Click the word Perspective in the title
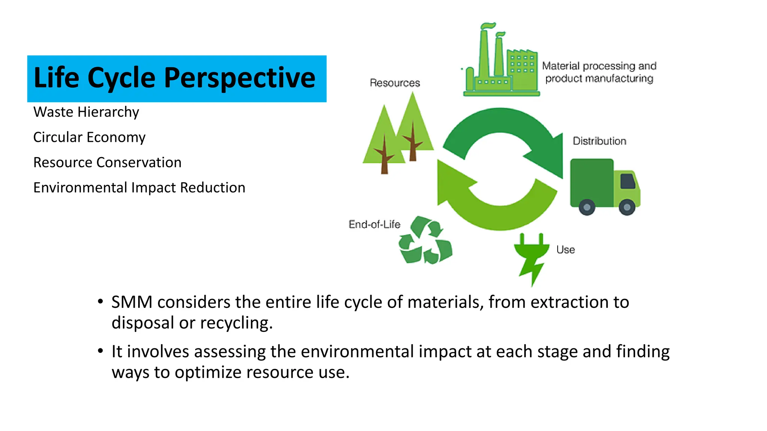click(x=240, y=78)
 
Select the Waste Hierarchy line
click(x=86, y=112)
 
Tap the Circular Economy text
click(x=89, y=137)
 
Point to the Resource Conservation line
click(x=107, y=162)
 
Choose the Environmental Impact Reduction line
click(x=139, y=187)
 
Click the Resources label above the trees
click(x=395, y=83)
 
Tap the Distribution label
click(x=599, y=141)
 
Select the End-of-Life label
click(x=374, y=224)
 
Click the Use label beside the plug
click(x=566, y=250)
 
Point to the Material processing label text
click(x=599, y=72)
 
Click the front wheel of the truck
click(x=627, y=207)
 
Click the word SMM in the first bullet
click(x=132, y=302)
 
